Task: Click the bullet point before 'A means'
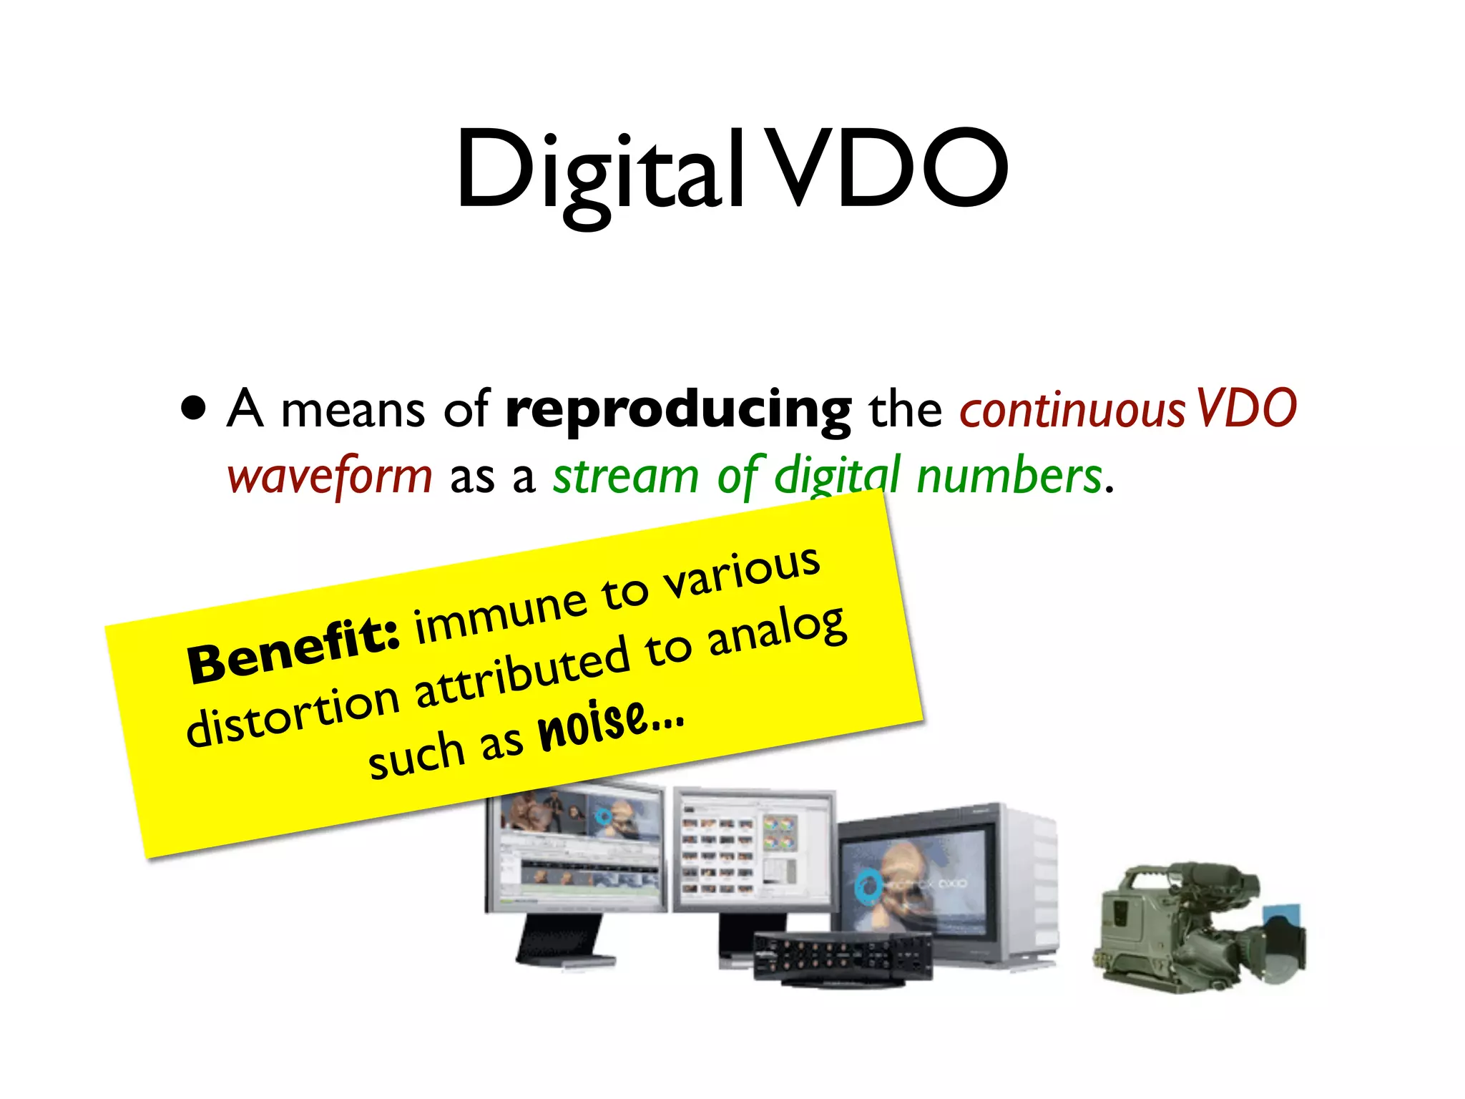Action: pyautogui.click(x=194, y=408)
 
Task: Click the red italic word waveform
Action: pyautogui.click(x=330, y=477)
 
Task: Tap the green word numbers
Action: pyautogui.click(x=1009, y=477)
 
